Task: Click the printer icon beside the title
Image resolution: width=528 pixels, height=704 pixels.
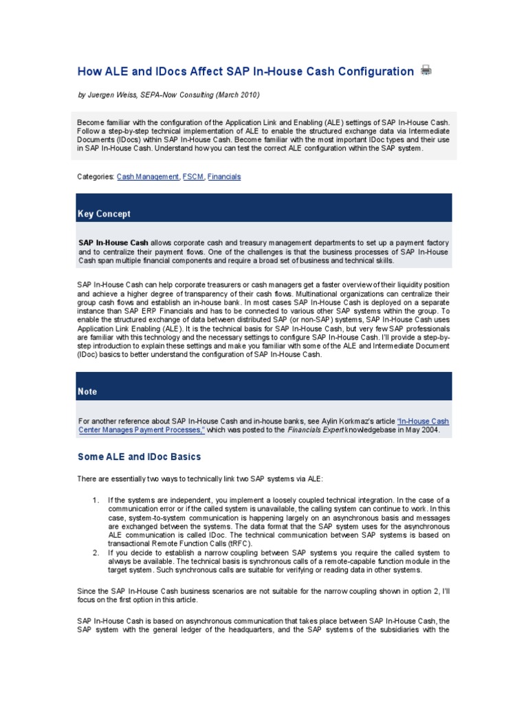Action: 426,70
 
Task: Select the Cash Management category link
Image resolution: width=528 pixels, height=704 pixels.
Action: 148,177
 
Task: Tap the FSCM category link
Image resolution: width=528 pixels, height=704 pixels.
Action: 193,177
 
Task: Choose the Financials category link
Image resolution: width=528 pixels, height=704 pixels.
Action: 224,177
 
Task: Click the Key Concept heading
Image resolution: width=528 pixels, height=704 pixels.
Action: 104,214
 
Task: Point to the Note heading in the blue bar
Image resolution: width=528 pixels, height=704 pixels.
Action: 87,391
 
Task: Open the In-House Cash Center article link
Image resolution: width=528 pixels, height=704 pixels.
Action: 265,425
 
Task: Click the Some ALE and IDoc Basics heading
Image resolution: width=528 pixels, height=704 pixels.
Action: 139,456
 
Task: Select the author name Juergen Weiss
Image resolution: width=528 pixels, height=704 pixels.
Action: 112,95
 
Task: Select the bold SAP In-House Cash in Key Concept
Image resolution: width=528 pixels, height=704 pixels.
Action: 113,243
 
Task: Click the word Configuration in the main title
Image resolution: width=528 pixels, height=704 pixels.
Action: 373,71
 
